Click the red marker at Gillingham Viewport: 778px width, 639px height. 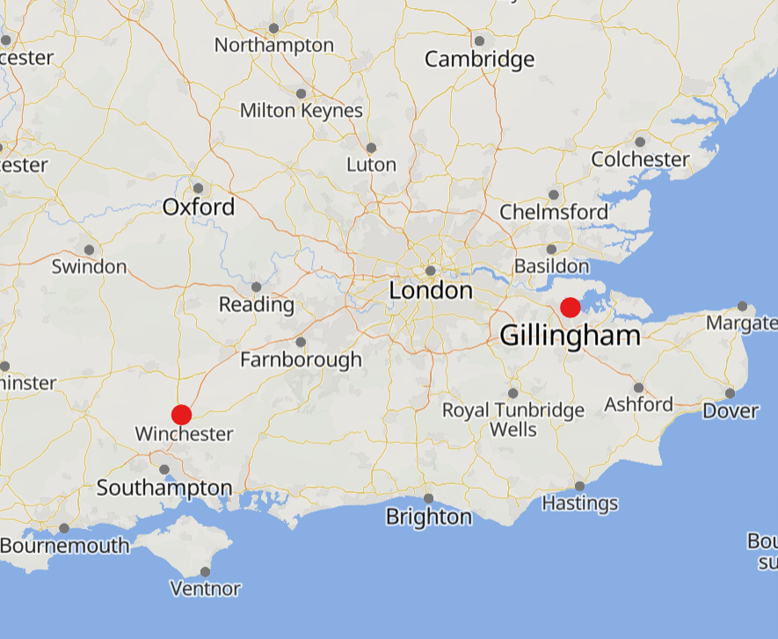pos(570,308)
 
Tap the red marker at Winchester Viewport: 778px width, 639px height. pos(181,415)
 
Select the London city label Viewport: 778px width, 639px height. pos(431,291)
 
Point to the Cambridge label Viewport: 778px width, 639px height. pos(479,60)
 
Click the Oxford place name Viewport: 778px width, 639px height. pos(199,207)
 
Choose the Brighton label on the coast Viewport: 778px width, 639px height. pos(428,517)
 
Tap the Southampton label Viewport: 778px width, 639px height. pos(164,488)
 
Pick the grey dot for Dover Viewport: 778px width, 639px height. pos(731,393)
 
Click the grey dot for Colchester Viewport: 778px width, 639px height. pos(640,142)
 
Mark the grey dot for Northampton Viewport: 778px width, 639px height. pos(273,28)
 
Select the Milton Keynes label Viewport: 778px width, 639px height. pos(302,112)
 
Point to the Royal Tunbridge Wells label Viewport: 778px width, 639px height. pos(513,420)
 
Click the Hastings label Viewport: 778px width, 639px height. pos(579,504)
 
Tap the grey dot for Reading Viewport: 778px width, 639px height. pos(256,287)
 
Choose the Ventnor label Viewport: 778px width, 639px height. pos(206,589)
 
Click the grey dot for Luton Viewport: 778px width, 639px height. pos(371,148)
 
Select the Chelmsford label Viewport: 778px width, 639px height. pos(554,212)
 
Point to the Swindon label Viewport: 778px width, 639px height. pos(89,266)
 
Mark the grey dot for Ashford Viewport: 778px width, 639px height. pos(638,388)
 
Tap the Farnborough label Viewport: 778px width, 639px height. pos(301,359)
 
